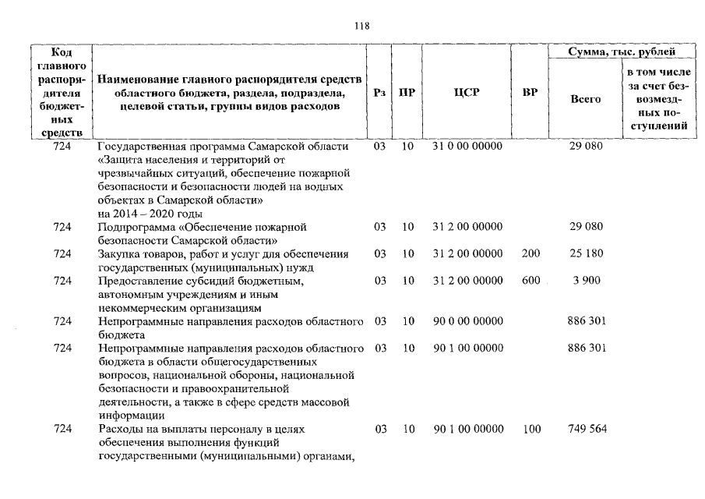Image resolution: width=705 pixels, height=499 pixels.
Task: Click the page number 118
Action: click(x=361, y=26)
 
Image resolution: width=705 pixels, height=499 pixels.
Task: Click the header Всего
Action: click(x=585, y=99)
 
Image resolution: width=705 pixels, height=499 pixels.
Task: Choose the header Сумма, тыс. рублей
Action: click(x=622, y=51)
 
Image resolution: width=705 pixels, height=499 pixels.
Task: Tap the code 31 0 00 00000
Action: click(x=467, y=146)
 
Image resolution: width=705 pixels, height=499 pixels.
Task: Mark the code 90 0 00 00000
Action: click(x=467, y=320)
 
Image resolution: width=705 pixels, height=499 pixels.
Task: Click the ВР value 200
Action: click(x=530, y=253)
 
